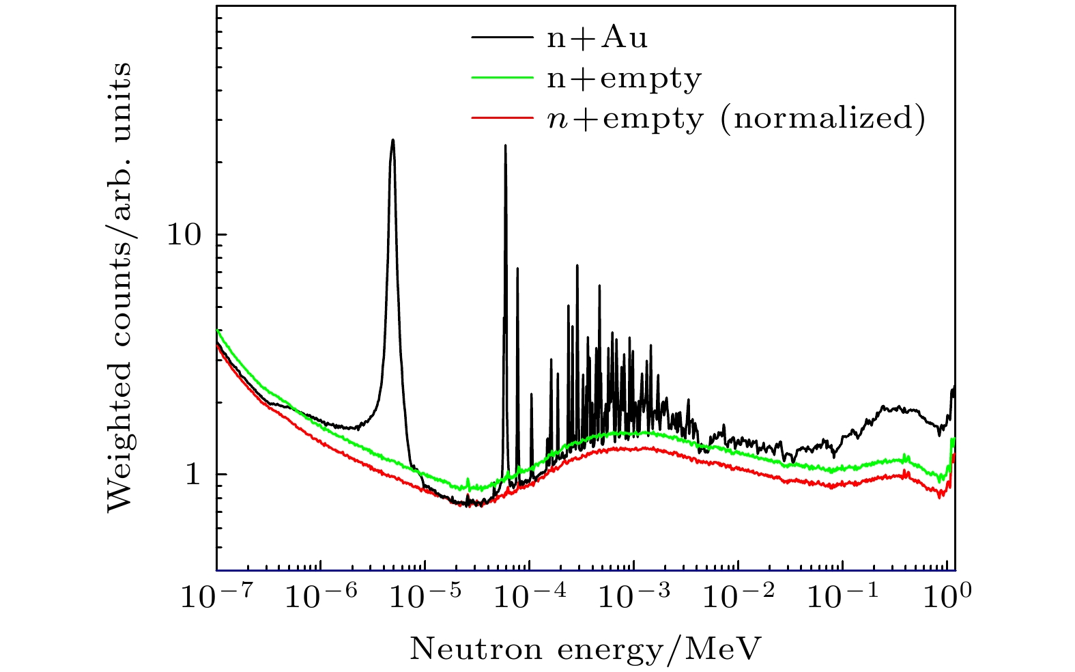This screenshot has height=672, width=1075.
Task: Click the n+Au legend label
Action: point(597,38)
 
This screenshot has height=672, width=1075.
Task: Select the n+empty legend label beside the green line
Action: point(624,79)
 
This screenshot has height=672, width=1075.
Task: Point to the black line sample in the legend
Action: point(501,37)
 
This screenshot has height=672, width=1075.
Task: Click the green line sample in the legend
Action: point(501,77)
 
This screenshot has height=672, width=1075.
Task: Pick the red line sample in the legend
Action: point(501,117)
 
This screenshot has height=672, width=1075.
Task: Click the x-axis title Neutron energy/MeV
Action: point(584,649)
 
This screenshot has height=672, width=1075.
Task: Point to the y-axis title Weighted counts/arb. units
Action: point(120,287)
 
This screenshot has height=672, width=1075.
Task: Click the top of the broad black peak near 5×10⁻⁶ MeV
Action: point(392,140)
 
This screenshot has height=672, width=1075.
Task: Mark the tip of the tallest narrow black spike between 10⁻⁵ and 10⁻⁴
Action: point(505,145)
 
